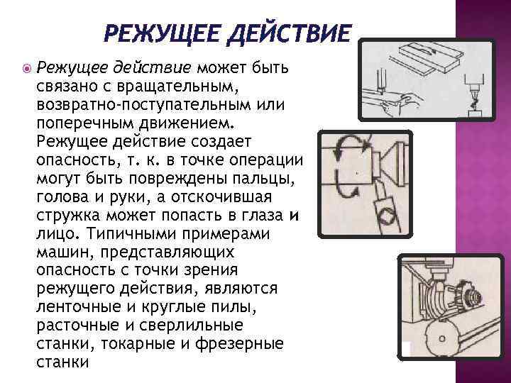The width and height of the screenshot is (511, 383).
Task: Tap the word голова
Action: point(62,196)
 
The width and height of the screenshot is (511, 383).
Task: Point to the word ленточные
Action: point(75,306)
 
